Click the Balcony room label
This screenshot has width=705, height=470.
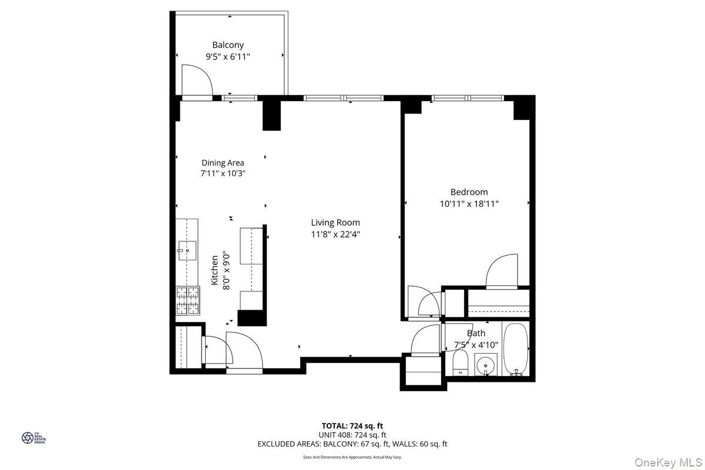[x=228, y=45]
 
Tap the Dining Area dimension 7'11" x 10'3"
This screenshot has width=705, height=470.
[x=223, y=173]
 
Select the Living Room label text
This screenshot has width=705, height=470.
[x=335, y=223]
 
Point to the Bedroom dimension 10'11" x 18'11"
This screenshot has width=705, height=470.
[x=469, y=204]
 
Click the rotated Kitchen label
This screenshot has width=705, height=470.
[x=214, y=270]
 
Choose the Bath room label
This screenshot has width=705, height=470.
[x=476, y=333]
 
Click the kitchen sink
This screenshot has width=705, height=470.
[x=187, y=251]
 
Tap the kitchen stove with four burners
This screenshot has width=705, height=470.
[x=187, y=301]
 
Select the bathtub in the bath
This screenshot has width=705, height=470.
[x=516, y=350]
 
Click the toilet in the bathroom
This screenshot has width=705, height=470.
[x=461, y=363]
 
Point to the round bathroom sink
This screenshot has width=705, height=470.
[x=486, y=365]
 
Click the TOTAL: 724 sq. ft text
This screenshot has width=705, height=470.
[x=352, y=426]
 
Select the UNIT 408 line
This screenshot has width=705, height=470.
[x=352, y=435]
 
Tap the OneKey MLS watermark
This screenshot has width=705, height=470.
[x=668, y=462]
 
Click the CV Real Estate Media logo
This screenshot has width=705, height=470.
[x=33, y=438]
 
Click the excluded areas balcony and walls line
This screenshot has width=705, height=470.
[x=352, y=444]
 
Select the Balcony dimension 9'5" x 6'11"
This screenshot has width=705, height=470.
[x=228, y=57]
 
